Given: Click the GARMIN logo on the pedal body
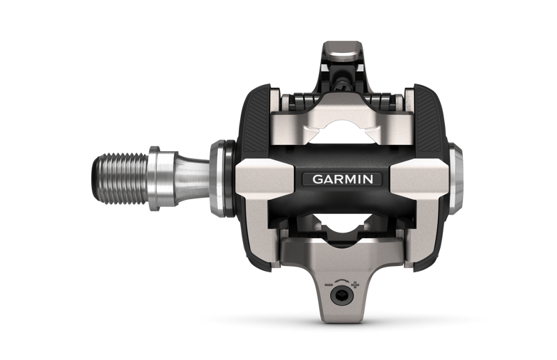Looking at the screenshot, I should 342,179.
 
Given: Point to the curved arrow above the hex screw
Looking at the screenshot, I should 341,282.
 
